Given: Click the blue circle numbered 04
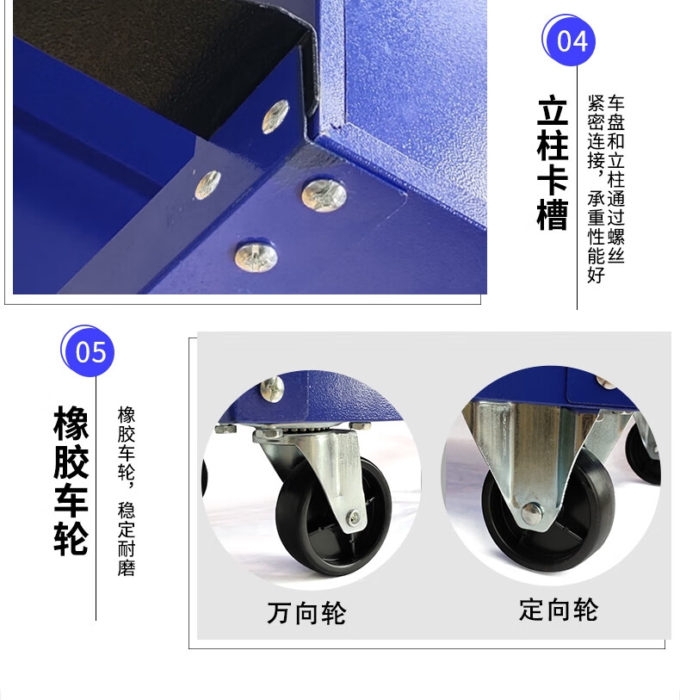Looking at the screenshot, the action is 570,40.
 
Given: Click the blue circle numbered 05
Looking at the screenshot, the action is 89,351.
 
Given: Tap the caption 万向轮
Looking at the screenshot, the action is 306,612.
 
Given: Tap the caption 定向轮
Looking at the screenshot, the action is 558,610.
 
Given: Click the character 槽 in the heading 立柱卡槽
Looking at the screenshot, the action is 553,214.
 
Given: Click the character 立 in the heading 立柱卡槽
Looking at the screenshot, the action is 553,110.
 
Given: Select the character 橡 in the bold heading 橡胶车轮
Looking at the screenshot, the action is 71,423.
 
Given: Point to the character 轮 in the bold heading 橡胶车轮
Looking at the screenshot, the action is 71,537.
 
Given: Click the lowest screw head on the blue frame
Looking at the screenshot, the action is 257,257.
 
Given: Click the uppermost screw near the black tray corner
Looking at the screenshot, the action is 275,116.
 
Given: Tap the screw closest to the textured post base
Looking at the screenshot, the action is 325,195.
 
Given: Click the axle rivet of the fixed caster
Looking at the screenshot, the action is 531,513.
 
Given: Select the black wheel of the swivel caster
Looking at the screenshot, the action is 333,516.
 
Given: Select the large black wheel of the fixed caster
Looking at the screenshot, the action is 547,513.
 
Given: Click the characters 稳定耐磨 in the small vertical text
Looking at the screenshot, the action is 127,539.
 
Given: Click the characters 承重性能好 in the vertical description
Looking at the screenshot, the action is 597,237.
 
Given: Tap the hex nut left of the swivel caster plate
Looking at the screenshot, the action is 226,429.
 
